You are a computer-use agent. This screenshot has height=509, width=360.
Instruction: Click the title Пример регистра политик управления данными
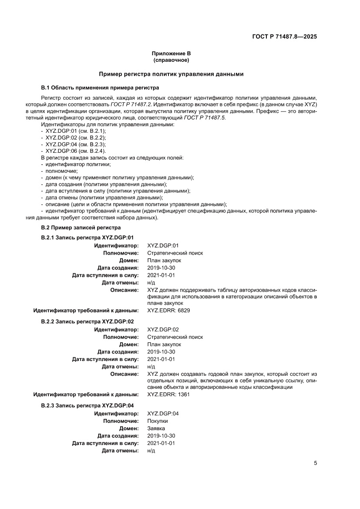pyautogui.click(x=171, y=74)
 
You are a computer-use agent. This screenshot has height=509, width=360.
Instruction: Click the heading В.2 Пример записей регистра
pyautogui.click(x=81, y=227)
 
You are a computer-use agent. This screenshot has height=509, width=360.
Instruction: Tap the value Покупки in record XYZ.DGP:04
pyautogui.click(x=158, y=421)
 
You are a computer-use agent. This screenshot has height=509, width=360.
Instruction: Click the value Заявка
pyautogui.click(x=156, y=428)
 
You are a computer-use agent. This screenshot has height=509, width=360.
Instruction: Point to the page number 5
pyautogui.click(x=315, y=463)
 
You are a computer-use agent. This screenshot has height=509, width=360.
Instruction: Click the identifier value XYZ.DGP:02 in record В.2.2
pyautogui.click(x=163, y=330)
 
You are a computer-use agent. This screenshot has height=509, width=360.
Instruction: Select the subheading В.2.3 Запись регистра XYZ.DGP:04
pyautogui.click(x=87, y=405)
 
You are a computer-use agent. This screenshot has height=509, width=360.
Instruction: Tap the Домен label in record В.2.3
pyautogui.click(x=129, y=428)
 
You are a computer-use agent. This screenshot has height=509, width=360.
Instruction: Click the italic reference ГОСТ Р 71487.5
pyautogui.click(x=205, y=118)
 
